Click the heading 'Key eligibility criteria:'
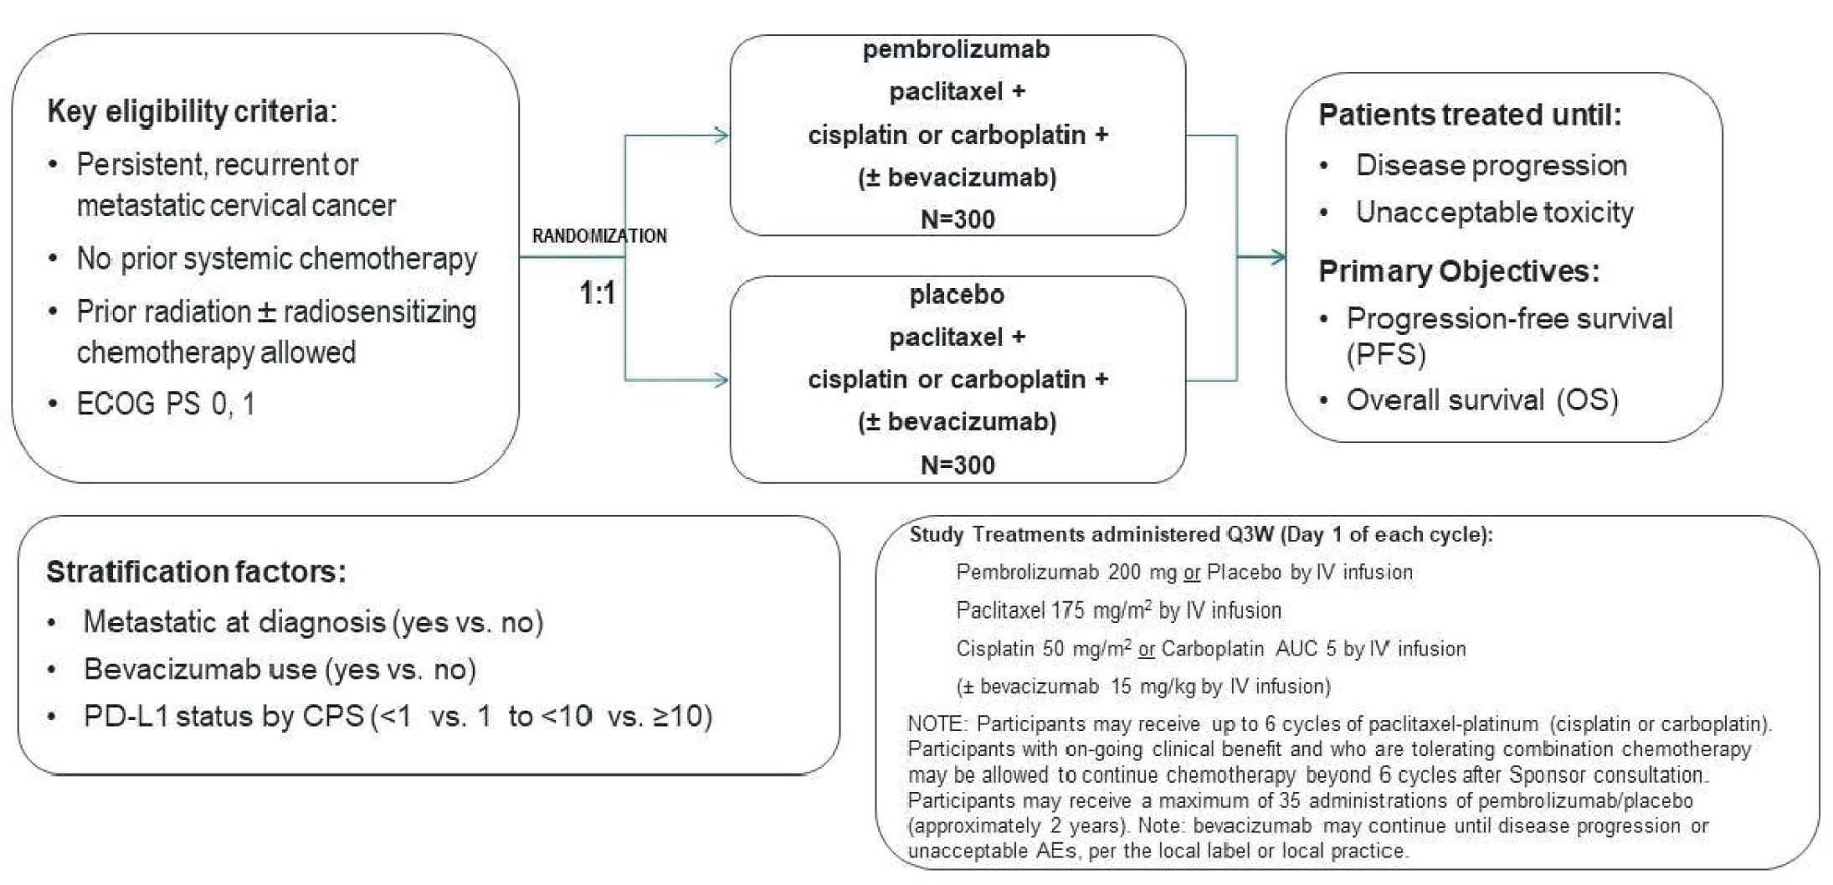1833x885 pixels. (192, 111)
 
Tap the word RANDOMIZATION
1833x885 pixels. (599, 236)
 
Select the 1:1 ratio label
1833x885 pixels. (598, 293)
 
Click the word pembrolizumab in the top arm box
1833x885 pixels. (956, 49)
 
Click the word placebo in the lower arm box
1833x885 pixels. (956, 295)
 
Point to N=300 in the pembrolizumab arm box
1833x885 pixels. (958, 219)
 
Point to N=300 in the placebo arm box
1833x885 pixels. (958, 465)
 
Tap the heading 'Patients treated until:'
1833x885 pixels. (1470, 115)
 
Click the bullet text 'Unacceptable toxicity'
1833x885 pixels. (1494, 212)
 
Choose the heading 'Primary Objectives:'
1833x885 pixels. (1459, 271)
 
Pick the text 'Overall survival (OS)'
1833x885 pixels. (1481, 400)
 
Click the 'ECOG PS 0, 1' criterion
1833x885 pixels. (166, 404)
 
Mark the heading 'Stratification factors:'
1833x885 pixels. (196, 572)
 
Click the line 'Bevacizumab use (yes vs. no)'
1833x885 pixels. (280, 669)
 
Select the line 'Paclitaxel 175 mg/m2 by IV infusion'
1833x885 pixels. (1118, 610)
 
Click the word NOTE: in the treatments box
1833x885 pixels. (937, 723)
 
